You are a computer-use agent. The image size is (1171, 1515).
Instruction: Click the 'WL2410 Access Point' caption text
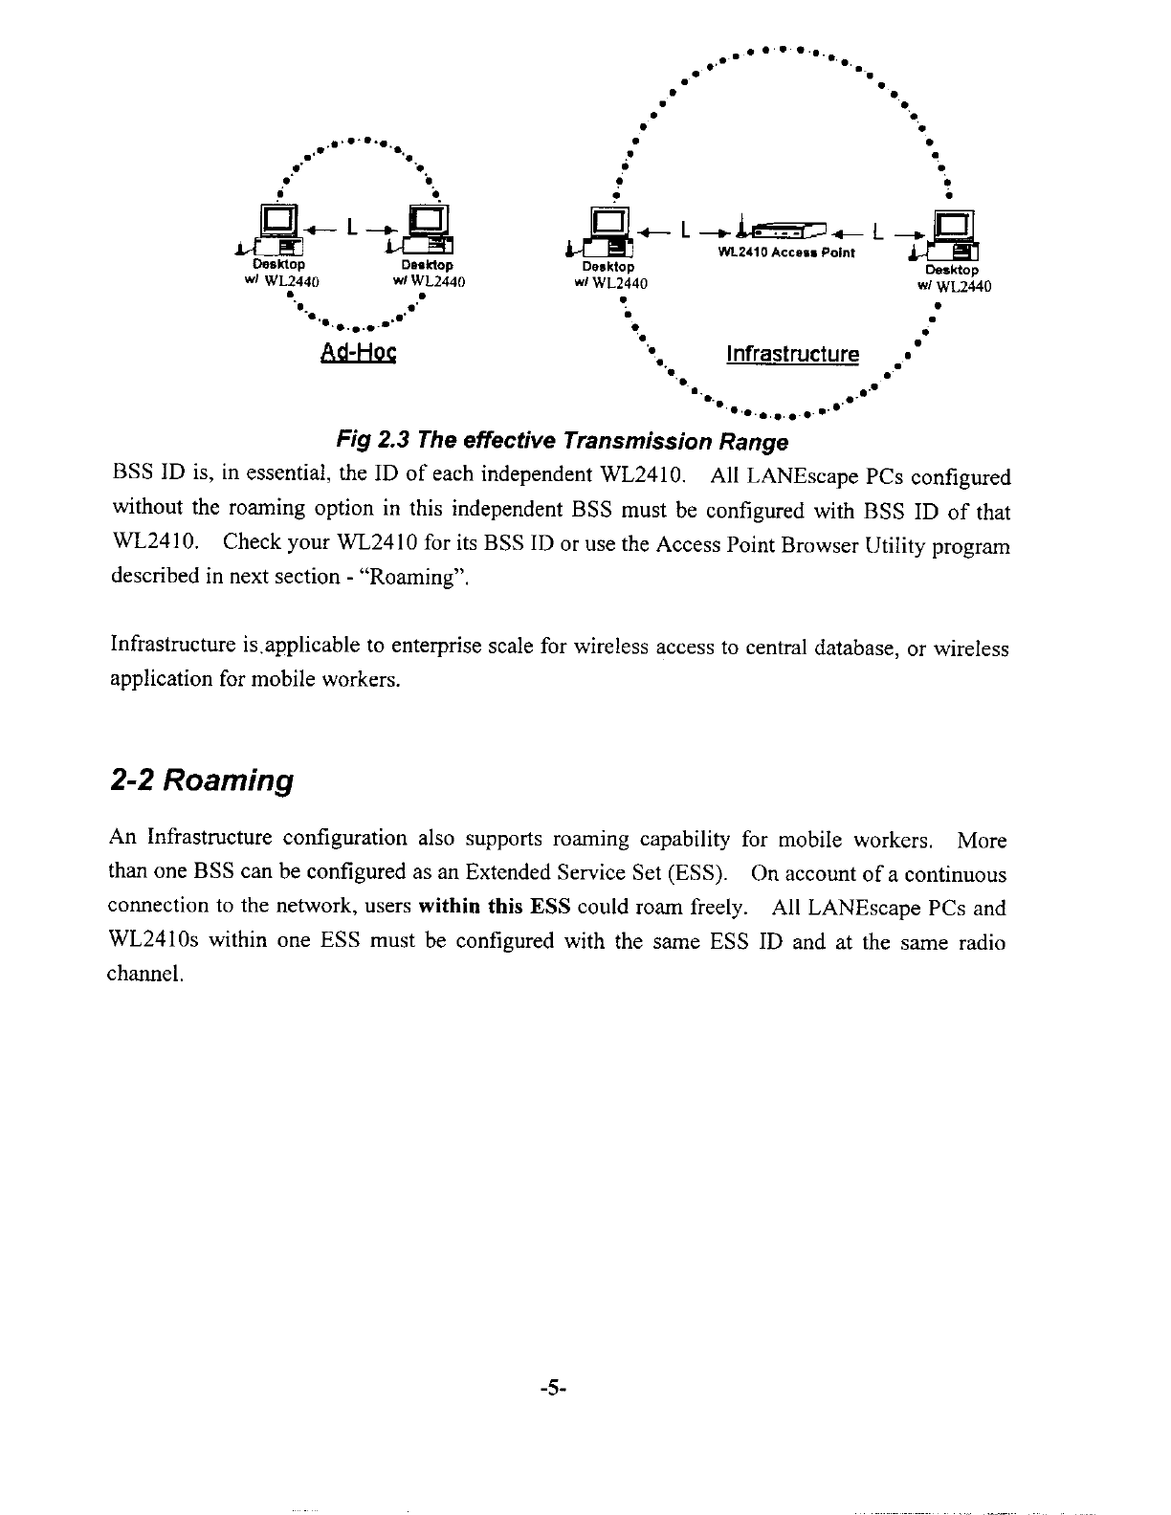tap(786, 253)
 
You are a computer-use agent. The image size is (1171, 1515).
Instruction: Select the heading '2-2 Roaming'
tap(200, 780)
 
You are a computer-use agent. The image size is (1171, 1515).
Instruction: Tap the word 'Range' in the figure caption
tap(755, 442)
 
